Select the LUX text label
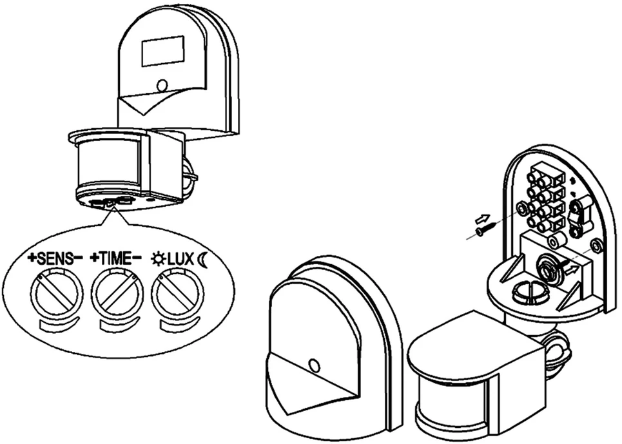point(180,259)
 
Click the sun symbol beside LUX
point(159,259)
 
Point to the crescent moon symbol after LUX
point(202,259)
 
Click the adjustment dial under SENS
point(57,292)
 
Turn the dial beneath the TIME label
point(117,292)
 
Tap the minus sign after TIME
point(137,257)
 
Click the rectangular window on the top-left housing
point(162,51)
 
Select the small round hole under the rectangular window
point(162,85)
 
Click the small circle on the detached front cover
point(314,365)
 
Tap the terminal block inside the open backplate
point(545,197)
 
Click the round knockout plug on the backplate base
point(530,291)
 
